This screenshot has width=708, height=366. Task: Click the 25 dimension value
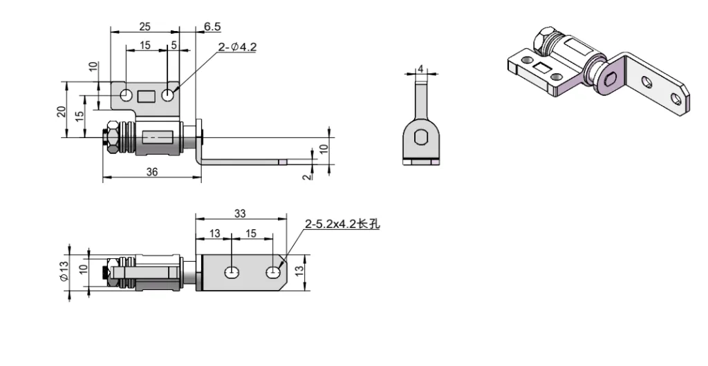(x=145, y=26)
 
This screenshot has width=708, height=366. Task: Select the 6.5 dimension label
(x=212, y=26)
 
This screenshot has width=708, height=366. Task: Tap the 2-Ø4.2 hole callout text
(x=237, y=47)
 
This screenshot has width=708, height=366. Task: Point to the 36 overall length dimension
(x=152, y=172)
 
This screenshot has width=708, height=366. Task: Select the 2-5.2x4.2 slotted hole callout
(x=342, y=224)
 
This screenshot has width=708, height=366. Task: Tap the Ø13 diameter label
(x=63, y=271)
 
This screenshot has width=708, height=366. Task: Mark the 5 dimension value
(x=173, y=45)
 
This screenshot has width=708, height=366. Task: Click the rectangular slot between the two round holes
(x=147, y=95)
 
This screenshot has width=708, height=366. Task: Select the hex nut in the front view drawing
(x=109, y=138)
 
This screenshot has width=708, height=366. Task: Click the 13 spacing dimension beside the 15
(x=215, y=234)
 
